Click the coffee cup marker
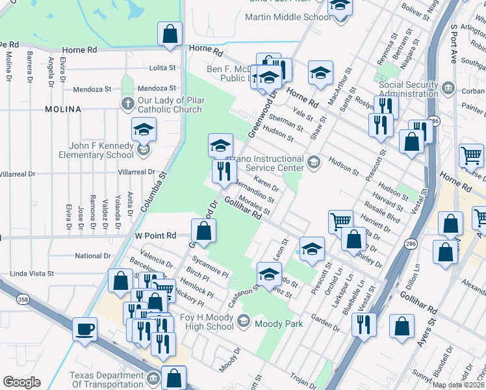(84, 329)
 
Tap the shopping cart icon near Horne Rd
(471, 156)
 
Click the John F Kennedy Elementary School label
(93, 151)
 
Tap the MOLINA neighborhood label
(63, 109)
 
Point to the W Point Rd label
(156, 235)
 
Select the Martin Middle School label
(287, 17)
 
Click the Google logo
(21, 382)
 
